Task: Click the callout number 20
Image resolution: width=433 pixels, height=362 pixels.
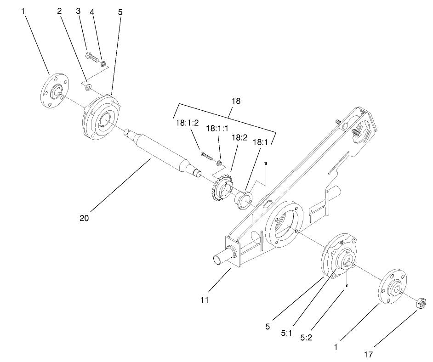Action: click(84, 218)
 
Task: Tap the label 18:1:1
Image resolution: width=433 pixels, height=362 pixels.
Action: click(217, 129)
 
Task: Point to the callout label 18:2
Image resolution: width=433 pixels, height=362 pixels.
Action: click(239, 137)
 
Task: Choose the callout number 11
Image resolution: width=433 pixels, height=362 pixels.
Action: click(205, 300)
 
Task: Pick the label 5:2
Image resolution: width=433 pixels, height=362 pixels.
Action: click(307, 337)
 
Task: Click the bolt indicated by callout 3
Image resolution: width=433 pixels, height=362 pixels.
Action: click(92, 57)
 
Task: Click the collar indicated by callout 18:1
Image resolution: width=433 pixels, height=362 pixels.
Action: click(244, 201)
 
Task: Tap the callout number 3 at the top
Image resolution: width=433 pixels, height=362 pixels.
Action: click(78, 10)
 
